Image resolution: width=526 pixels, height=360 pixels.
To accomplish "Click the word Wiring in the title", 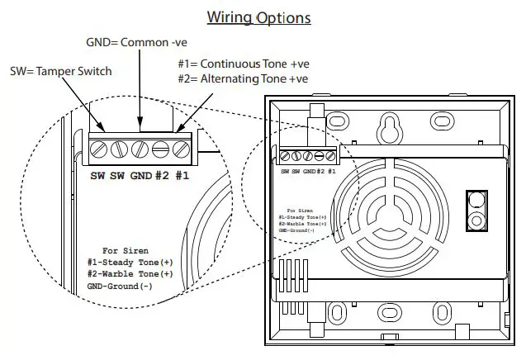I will [x=229, y=17].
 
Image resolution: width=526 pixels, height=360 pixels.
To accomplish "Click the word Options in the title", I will [x=283, y=17].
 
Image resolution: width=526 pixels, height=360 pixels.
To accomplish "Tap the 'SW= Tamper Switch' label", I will [x=61, y=72].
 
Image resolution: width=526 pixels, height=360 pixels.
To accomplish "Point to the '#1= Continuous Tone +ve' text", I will [x=242, y=63].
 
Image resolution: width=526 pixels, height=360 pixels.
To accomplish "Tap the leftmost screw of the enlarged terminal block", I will [x=99, y=149].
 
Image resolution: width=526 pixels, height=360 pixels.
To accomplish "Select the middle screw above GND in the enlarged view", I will [x=140, y=149].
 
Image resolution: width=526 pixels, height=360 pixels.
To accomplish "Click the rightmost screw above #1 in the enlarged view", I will [x=179, y=149].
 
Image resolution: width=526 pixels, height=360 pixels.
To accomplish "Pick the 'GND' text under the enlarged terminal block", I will [x=142, y=176].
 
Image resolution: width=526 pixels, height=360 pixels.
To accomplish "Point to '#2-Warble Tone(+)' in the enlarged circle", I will [x=130, y=273].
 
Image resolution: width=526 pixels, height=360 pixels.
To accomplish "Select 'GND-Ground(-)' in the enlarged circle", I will [x=120, y=286].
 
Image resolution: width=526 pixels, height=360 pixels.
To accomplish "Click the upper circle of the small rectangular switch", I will [x=475, y=201].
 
